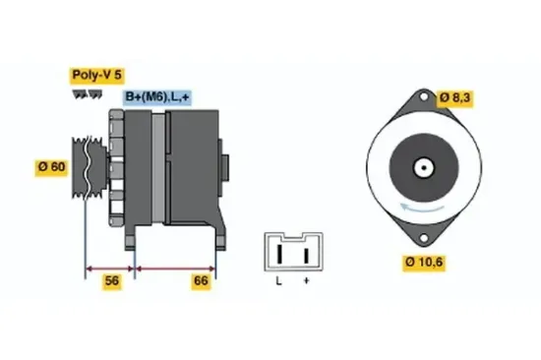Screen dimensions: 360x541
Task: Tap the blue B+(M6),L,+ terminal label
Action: point(157,96)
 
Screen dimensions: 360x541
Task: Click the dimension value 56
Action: point(111,281)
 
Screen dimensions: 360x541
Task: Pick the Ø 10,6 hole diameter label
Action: point(424,263)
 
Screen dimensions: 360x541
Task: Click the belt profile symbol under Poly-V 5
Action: point(88,93)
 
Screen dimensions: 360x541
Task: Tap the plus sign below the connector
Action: point(306,282)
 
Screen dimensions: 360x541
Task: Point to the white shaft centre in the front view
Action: point(423,169)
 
